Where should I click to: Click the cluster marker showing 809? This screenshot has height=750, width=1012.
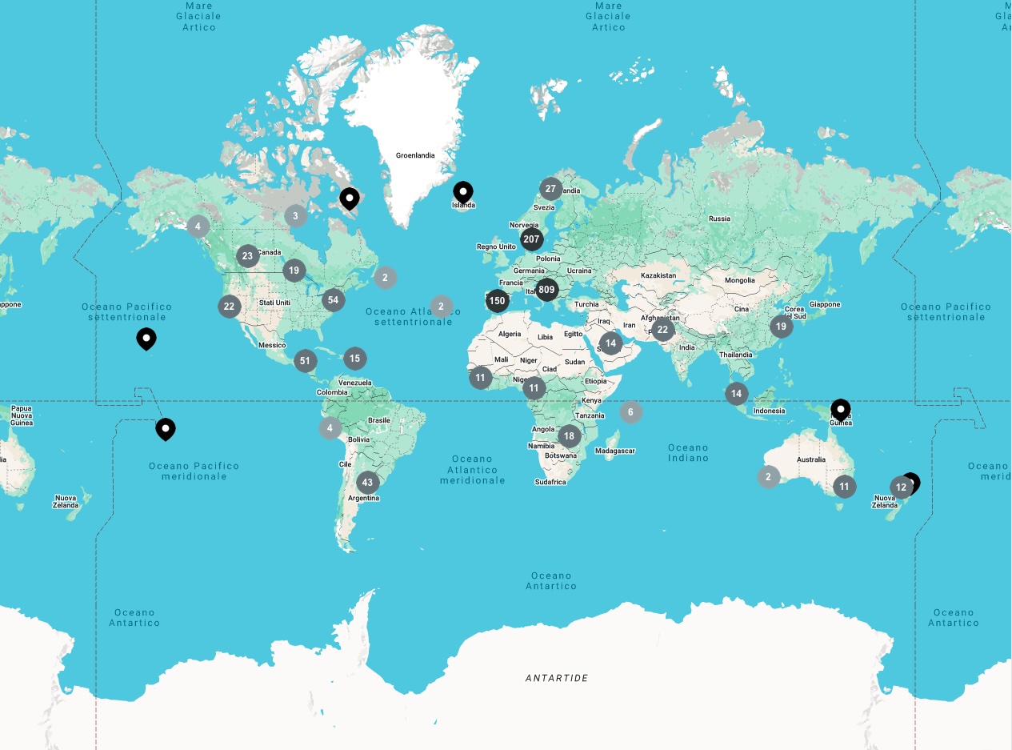[x=546, y=289]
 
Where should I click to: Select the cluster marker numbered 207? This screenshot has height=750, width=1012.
[x=531, y=239]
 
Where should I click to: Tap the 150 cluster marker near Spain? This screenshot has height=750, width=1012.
[x=498, y=301]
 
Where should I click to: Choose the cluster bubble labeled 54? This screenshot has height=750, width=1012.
[x=333, y=300]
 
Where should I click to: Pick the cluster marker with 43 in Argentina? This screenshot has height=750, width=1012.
[x=367, y=482]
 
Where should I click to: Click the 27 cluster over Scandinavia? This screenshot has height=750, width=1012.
[x=550, y=190]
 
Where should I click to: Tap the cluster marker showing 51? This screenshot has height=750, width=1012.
[x=305, y=361]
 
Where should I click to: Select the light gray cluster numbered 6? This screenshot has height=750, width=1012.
[x=630, y=412]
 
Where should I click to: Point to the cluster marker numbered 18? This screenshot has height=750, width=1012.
[x=569, y=436]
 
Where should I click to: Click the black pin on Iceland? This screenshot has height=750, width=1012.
[x=463, y=192]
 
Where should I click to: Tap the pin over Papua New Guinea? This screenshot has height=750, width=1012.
[x=840, y=409]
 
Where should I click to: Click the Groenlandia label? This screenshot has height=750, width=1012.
[x=415, y=155]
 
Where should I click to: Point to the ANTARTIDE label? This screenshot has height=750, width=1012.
[x=557, y=678]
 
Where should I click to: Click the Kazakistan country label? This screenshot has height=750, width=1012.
[x=658, y=275]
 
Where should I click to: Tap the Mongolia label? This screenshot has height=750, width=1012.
[x=739, y=280]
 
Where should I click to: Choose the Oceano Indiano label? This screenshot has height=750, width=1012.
[x=688, y=453]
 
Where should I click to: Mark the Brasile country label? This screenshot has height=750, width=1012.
[x=378, y=420]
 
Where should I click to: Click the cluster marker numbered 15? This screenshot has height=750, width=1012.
[x=355, y=359]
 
